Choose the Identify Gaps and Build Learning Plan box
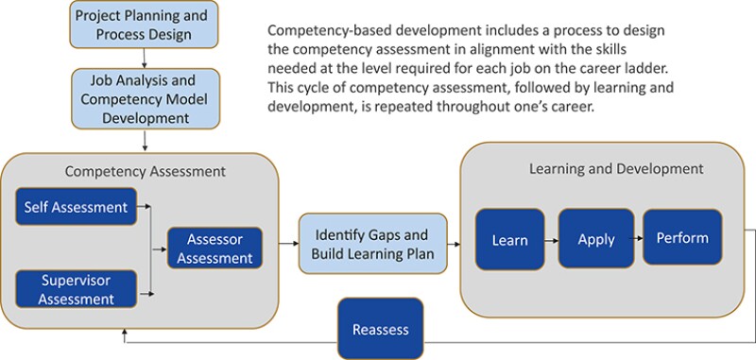[x=370, y=245]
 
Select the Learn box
[x=509, y=240]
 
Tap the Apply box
[x=595, y=239]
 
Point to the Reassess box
[x=381, y=329]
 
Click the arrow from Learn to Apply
[x=551, y=240]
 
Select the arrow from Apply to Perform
[x=638, y=239]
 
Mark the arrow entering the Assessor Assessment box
[x=160, y=249]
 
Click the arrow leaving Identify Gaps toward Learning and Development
[x=454, y=245]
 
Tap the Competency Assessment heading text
[x=145, y=172]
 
